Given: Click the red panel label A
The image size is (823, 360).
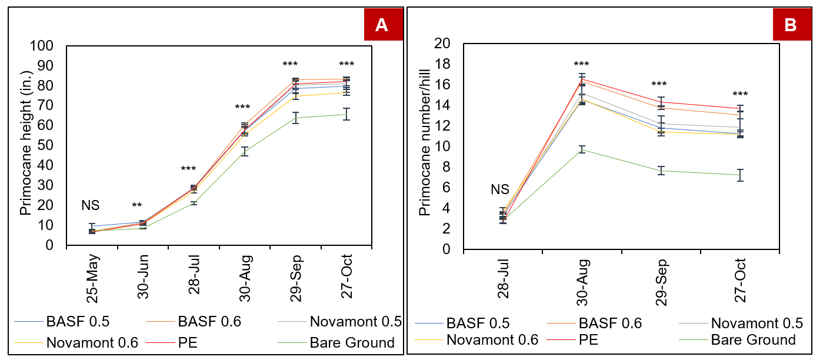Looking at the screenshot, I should (x=381, y=25).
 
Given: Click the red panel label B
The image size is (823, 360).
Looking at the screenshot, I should (x=789, y=25).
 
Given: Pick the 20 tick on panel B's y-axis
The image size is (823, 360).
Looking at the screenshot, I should (x=442, y=44).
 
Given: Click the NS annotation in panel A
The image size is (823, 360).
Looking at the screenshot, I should (x=91, y=205).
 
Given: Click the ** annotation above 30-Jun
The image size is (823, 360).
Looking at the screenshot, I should (x=136, y=206).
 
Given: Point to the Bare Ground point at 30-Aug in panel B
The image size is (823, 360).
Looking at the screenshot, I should (x=582, y=149).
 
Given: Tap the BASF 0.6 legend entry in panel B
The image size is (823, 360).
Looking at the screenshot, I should (x=609, y=323).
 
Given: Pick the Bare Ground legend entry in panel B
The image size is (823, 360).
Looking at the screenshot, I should (x=753, y=339).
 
